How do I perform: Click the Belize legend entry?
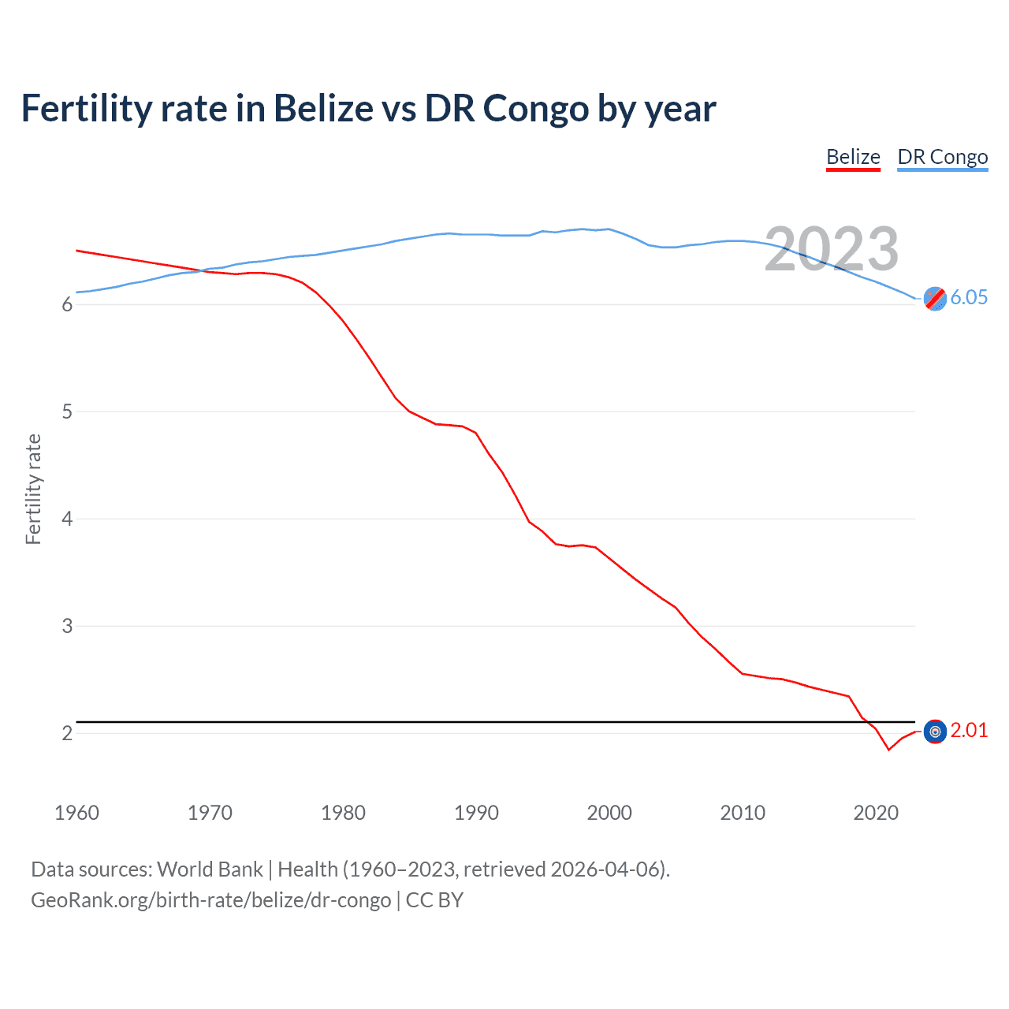pyautogui.click(x=853, y=157)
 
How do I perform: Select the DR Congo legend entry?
pyautogui.click(x=942, y=157)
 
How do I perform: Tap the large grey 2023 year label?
pyautogui.click(x=832, y=249)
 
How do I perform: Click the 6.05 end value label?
pyautogui.click(x=969, y=297)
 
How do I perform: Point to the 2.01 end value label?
pyautogui.click(x=969, y=730)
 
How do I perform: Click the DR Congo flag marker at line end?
pyautogui.click(x=935, y=299)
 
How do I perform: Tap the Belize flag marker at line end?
pyautogui.click(x=935, y=732)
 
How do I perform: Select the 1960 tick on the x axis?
pyautogui.click(x=76, y=813)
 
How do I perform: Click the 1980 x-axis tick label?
pyautogui.click(x=343, y=813)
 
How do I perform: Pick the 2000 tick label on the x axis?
pyautogui.click(x=609, y=813)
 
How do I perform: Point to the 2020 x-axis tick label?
pyautogui.click(x=876, y=813)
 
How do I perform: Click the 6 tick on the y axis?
pyautogui.click(x=67, y=305)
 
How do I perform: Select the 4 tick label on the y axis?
pyautogui.click(x=67, y=519)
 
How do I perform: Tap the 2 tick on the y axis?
pyautogui.click(x=67, y=734)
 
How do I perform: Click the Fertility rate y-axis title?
pyautogui.click(x=33, y=489)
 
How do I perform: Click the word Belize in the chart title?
pyautogui.click(x=323, y=108)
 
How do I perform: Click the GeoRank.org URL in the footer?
pyautogui.click(x=210, y=900)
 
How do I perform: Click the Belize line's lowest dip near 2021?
pyautogui.click(x=889, y=749)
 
